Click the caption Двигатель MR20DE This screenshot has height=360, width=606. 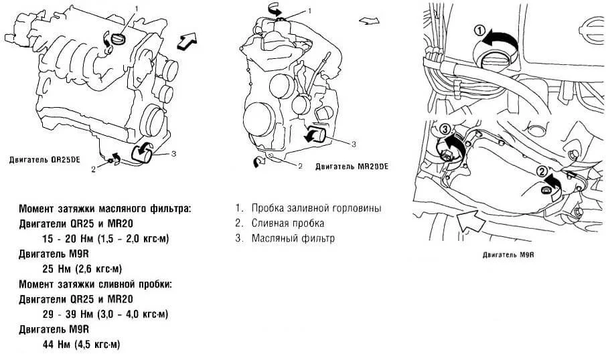point(352,165)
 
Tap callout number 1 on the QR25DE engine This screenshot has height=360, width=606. point(137,9)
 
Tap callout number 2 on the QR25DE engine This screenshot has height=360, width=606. point(94,169)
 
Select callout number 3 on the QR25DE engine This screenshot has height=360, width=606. point(173,154)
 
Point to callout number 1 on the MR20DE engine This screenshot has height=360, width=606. point(310,11)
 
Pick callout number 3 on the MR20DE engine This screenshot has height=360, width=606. point(354,143)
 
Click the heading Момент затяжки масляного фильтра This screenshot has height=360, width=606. point(105,209)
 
